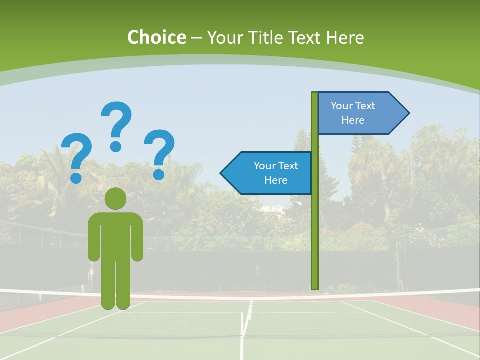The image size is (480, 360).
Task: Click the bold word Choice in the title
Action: point(156,37)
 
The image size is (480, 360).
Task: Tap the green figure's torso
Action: point(115,235)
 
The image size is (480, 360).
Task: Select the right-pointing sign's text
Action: point(353,113)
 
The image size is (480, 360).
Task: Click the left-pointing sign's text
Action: point(276,173)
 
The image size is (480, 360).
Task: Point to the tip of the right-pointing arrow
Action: point(408,113)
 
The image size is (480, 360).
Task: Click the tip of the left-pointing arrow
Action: point(221,173)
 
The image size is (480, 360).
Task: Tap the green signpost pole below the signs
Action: point(315,240)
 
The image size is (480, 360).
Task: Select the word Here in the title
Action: point(345,37)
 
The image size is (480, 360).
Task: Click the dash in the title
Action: point(196,38)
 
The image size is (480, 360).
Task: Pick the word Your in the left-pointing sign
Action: point(264,166)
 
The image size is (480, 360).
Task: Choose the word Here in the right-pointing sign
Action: point(353,120)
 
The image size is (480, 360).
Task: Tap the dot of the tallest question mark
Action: point(116,146)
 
